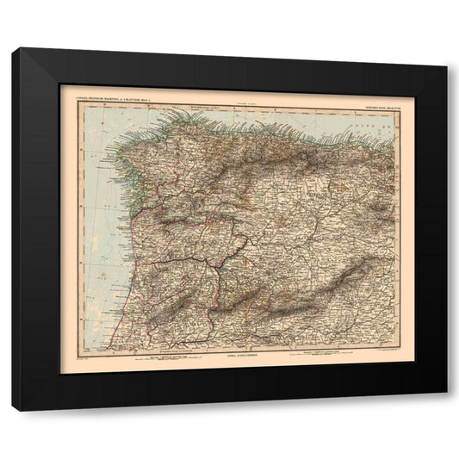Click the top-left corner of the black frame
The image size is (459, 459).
point(13,49)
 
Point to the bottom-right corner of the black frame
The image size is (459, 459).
point(446,393)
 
